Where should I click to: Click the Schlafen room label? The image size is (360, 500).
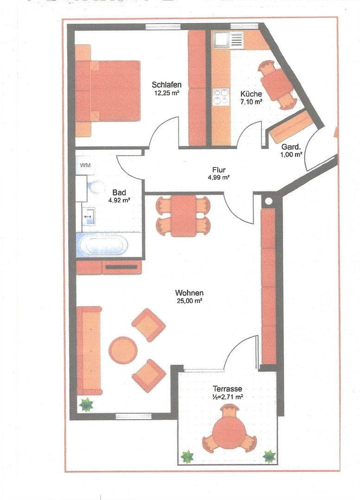[166, 85]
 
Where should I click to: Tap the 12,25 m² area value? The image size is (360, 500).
[166, 93]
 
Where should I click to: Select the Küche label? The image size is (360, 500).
[251, 94]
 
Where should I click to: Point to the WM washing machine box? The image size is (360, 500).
[85, 165]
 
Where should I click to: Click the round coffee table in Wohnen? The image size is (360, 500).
[122, 350]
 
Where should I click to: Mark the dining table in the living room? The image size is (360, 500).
[183, 216]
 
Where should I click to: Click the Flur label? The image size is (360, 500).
[219, 170]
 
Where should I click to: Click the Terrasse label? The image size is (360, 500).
[227, 389]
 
